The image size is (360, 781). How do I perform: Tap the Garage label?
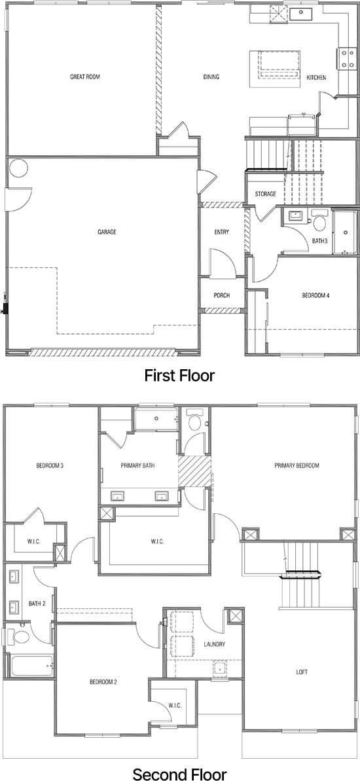point(107,232)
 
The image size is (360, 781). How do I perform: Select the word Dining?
point(211,77)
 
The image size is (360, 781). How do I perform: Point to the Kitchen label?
point(316,78)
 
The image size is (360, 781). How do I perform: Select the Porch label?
point(222,295)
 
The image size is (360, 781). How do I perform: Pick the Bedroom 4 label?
point(315,295)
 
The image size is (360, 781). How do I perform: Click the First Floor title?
point(179,376)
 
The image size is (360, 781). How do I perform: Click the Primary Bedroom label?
point(297,465)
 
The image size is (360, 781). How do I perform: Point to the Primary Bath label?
point(136,465)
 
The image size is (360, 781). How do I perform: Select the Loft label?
point(302,672)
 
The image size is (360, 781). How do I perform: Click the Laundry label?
point(215,644)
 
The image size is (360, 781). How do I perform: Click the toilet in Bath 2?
point(20,636)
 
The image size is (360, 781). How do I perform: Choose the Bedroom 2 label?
point(103,682)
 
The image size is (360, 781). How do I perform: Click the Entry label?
point(221,232)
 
